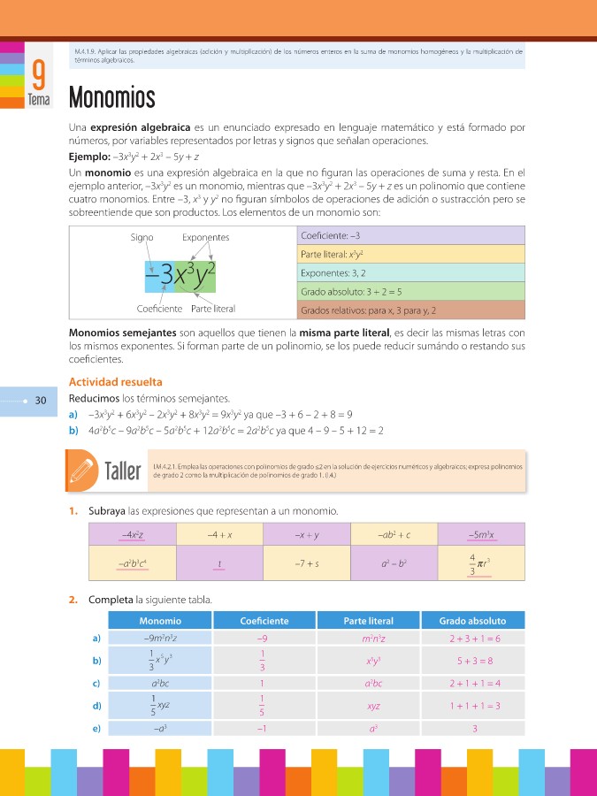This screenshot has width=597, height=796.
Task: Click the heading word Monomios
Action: tap(111, 96)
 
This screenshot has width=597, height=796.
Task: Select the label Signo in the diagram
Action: tap(142, 238)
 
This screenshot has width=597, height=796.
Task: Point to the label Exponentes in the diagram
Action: tap(205, 238)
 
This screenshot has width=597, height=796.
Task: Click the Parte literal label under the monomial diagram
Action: tap(213, 309)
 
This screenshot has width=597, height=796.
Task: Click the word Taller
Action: tap(124, 471)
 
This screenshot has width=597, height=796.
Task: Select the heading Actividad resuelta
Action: tap(115, 382)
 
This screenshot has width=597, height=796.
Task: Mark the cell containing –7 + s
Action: tap(307, 563)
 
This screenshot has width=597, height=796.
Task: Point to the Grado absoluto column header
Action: tap(472, 621)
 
